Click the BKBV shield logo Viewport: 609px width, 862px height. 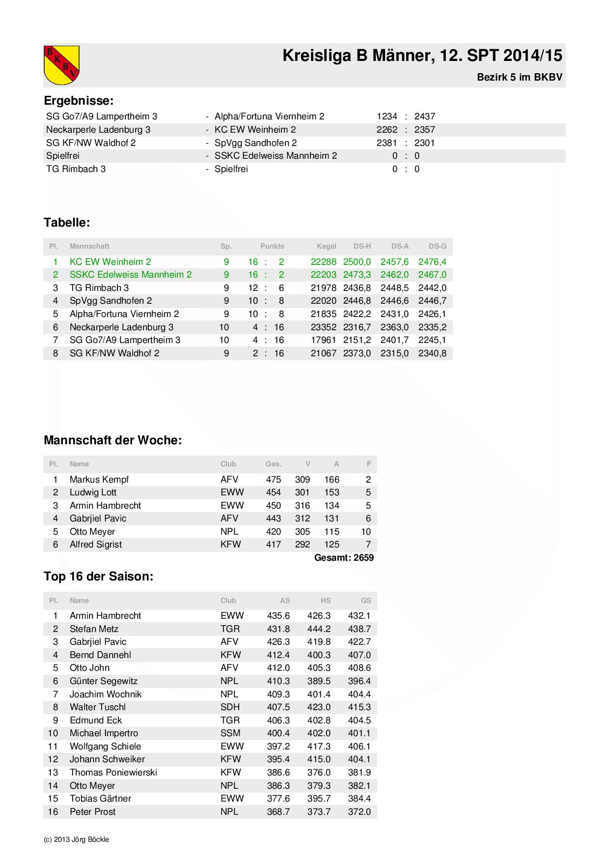tap(61, 64)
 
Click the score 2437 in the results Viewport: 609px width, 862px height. tap(424, 116)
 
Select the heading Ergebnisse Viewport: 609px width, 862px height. tap(79, 101)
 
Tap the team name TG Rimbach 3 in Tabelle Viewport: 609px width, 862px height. tap(99, 287)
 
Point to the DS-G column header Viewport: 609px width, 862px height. tap(437, 246)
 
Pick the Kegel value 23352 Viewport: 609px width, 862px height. tap(323, 327)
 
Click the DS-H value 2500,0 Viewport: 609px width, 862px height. tap(357, 261)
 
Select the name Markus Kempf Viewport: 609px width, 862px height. tap(99, 479)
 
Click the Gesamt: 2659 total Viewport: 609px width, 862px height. tap(344, 557)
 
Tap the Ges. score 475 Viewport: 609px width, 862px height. tap(273, 479)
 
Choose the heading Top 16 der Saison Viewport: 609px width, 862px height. tap(98, 576)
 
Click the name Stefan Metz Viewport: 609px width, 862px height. tap(94, 629)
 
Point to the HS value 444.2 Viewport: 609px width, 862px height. tap(319, 629)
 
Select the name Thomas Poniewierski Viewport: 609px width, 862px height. tap(113, 772)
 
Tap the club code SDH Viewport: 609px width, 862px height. tap(230, 707)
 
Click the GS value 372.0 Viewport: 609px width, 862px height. tap(359, 811)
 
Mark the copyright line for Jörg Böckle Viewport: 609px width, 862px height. tap(77, 839)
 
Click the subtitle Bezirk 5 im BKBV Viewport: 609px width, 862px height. tap(519, 77)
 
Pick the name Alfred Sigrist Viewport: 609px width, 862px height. tap(96, 544)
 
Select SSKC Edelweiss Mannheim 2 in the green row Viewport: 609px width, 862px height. tap(131, 274)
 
